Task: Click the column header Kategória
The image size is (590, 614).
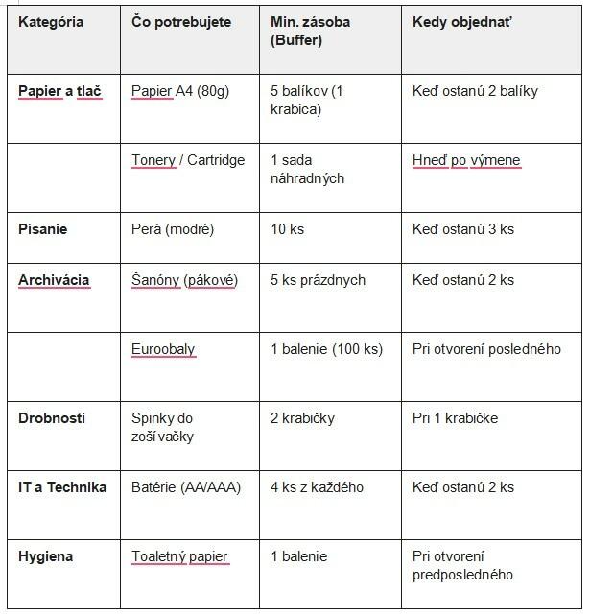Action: (51, 22)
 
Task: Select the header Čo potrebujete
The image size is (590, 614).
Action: (181, 22)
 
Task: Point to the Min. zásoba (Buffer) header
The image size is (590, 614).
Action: (313, 31)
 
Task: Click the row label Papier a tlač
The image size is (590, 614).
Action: (60, 91)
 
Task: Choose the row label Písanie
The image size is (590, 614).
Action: (43, 229)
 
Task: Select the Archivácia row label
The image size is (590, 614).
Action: (54, 280)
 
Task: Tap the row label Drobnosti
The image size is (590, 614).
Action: (52, 418)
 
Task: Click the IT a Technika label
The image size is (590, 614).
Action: (62, 487)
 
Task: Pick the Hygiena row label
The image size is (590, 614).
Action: (46, 556)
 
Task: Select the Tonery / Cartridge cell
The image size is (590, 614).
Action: (188, 160)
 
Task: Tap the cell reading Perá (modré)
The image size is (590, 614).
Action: (173, 229)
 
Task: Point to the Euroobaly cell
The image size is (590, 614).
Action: (163, 349)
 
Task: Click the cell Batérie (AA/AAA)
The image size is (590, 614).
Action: (186, 487)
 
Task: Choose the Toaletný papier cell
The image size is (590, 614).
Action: (180, 556)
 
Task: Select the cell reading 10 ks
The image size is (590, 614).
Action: (288, 229)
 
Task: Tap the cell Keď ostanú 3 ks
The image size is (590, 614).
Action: (463, 229)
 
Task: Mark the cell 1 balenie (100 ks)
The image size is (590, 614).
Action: (327, 349)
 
